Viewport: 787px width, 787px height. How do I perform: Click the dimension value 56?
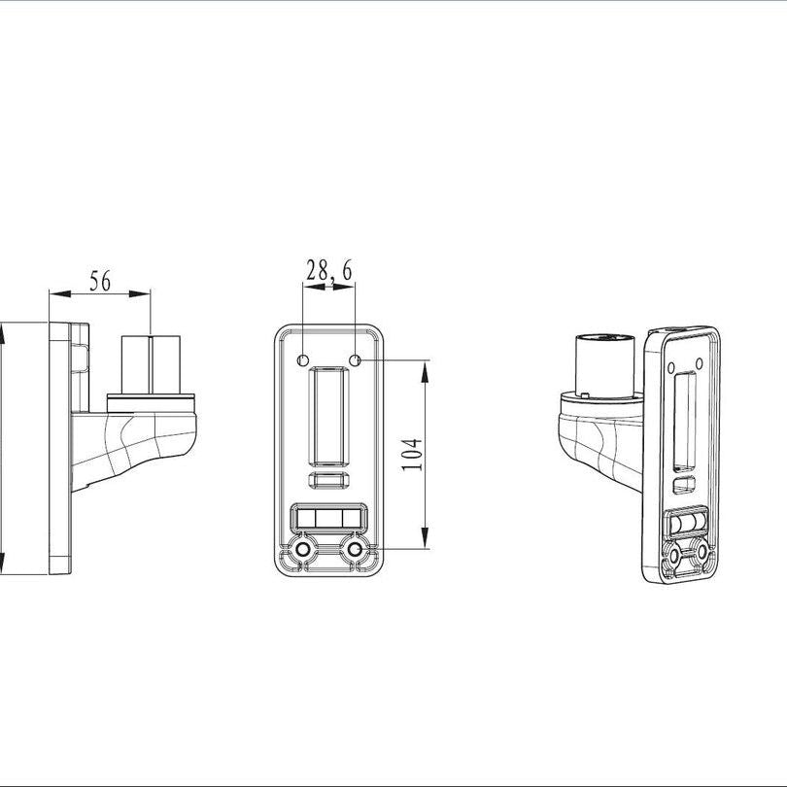tap(100, 281)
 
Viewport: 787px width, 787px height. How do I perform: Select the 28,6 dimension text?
tap(328, 272)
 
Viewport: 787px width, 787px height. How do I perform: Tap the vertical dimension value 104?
tap(412, 455)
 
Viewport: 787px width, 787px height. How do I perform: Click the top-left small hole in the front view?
tap(303, 360)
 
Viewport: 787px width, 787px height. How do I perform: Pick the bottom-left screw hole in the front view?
tap(303, 551)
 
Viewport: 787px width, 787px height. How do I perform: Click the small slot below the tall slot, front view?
tap(328, 480)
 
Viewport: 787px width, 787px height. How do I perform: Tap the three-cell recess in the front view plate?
tap(328, 517)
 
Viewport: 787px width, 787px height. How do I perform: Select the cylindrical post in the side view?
tap(151, 363)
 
